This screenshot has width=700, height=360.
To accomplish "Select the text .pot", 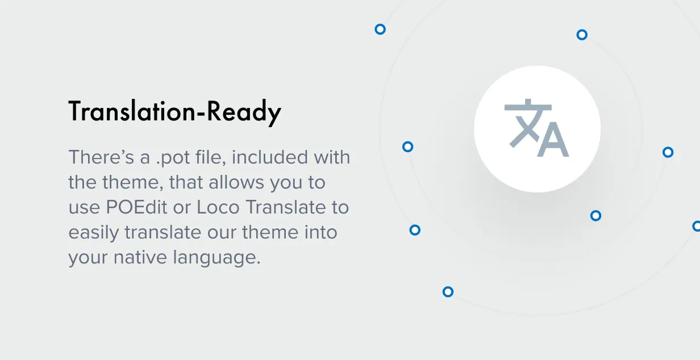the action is (x=173, y=158).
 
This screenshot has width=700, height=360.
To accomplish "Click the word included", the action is (x=270, y=157).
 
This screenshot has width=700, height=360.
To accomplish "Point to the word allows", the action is (x=236, y=182).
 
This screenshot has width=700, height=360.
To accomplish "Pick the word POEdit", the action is (x=136, y=207).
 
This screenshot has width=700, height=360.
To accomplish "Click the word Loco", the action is (x=218, y=207).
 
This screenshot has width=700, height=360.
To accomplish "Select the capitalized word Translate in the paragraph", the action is (x=286, y=207).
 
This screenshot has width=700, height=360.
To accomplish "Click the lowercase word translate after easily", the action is (x=163, y=232).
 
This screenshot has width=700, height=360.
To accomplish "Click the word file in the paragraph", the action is (x=210, y=157).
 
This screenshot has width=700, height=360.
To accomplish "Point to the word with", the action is (x=332, y=157).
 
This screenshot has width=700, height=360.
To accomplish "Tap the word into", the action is (x=321, y=232).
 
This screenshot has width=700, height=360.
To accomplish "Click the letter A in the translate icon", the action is (x=553, y=139).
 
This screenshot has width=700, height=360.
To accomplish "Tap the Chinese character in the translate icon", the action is (x=526, y=123).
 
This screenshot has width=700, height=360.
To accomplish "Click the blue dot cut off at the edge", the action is (x=697, y=226).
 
